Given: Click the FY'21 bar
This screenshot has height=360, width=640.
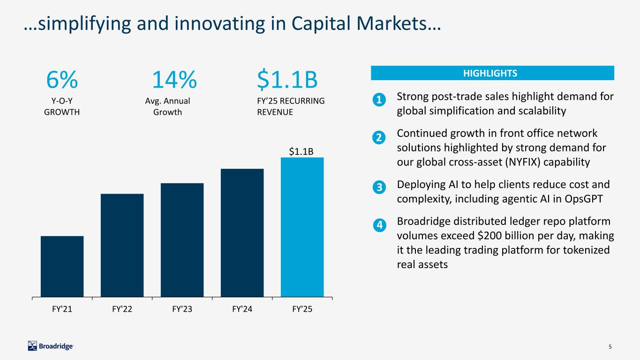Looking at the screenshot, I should pyautogui.click(x=62, y=266).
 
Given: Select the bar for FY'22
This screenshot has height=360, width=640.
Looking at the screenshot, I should pyautogui.click(x=122, y=245).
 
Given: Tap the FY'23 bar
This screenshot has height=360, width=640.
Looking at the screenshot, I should pyautogui.click(x=182, y=240).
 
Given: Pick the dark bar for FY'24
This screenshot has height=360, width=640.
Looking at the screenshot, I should pyautogui.click(x=242, y=232).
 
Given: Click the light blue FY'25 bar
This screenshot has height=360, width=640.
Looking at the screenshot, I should pyautogui.click(x=302, y=227).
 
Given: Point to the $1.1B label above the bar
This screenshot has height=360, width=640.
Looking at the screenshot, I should pyautogui.click(x=301, y=151).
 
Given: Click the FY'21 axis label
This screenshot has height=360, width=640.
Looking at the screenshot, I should pyautogui.click(x=62, y=309).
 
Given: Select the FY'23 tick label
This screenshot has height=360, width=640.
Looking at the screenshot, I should pyautogui.click(x=182, y=309).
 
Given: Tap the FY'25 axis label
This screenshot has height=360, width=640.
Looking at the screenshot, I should pyautogui.click(x=302, y=309).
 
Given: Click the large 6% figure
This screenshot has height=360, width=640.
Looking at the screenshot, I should pyautogui.click(x=61, y=81).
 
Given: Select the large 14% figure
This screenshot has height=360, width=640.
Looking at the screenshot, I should pyautogui.click(x=174, y=81).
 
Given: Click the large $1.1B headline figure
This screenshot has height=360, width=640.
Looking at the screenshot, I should pyautogui.click(x=287, y=81).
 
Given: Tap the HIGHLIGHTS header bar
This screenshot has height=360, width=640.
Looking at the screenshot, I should pyautogui.click(x=492, y=73).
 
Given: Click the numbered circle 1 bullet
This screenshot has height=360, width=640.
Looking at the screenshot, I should pyautogui.click(x=380, y=100).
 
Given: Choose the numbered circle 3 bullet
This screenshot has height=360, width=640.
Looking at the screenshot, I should pyautogui.click(x=380, y=187).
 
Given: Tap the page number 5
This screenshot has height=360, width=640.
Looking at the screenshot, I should pyautogui.click(x=610, y=347).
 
